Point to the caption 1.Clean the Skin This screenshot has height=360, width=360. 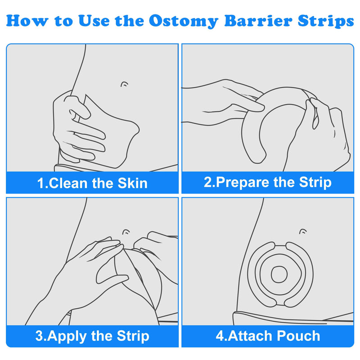pyautogui.click(x=92, y=183)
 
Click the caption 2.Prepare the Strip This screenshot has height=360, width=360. pyautogui.click(x=268, y=182)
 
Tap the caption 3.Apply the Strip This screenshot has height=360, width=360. pyautogui.click(x=92, y=336)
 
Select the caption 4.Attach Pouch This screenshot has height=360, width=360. pyautogui.click(x=268, y=336)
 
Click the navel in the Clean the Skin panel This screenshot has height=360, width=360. pyautogui.click(x=125, y=84)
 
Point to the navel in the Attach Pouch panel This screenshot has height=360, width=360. pyautogui.click(x=303, y=232)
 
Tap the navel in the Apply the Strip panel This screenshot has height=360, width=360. pyautogui.click(x=126, y=232)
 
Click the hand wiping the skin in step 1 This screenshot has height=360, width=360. pyautogui.click(x=79, y=126)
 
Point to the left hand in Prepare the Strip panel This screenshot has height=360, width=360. pyautogui.click(x=220, y=99)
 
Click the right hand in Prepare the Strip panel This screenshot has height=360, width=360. pyautogui.click(x=326, y=130)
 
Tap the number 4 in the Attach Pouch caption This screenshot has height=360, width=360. pyautogui.click(x=219, y=336)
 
